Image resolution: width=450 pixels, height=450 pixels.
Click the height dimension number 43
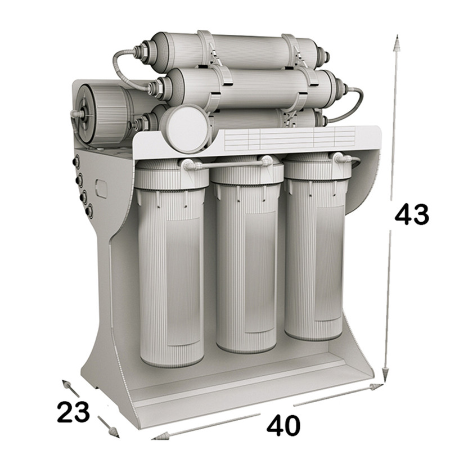412,214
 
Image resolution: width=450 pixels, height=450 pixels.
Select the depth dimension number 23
73,412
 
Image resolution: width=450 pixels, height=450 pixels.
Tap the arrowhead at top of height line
397,43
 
